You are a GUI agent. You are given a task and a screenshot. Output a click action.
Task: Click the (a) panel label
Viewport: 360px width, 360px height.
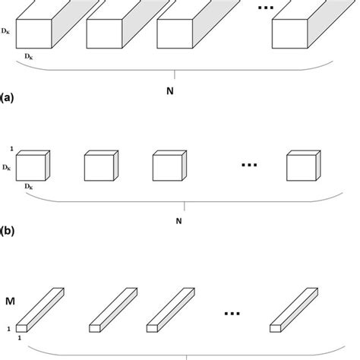[7, 98]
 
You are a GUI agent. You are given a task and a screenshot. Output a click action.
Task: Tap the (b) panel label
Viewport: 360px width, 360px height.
[7, 231]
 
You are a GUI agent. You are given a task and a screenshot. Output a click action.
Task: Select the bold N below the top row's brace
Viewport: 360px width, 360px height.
[170, 91]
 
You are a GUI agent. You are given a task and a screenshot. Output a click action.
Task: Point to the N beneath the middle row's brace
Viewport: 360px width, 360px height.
[178, 221]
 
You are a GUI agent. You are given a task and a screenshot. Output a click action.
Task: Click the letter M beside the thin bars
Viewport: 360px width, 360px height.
[10, 302]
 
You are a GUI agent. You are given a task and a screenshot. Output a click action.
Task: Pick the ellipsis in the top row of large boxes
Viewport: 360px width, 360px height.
[266, 8]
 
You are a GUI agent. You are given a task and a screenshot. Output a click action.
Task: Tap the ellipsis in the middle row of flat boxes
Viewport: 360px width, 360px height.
[249, 165]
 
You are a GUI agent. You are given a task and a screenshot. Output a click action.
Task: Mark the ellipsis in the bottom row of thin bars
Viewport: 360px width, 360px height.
[232, 314]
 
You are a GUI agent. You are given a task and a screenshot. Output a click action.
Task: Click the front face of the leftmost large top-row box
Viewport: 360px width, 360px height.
[34, 33]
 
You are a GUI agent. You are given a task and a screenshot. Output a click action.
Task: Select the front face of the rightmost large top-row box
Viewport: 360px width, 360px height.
[290, 33]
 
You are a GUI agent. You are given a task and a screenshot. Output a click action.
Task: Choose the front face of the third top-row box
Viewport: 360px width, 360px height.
[175, 33]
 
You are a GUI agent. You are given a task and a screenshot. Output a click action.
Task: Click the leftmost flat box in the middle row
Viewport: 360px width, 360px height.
[33, 166]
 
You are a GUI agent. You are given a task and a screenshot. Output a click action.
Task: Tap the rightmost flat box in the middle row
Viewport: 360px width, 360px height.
[304, 166]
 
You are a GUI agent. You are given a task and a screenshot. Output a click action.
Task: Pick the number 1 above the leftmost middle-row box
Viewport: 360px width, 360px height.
[11, 149]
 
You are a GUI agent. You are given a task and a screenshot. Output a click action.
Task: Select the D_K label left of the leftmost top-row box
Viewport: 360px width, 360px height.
[5, 31]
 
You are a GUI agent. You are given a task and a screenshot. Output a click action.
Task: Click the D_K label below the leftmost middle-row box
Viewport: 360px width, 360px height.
[29, 187]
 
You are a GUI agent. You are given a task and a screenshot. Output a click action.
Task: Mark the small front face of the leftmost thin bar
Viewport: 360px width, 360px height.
[21, 328]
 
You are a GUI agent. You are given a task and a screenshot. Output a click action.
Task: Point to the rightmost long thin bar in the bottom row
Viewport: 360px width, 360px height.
[294, 310]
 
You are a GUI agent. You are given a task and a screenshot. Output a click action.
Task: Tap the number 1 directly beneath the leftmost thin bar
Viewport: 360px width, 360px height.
[20, 338]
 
